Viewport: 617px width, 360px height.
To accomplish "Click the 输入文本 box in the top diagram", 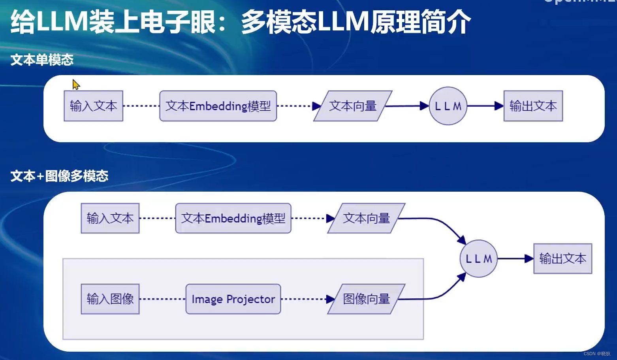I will pos(93,106).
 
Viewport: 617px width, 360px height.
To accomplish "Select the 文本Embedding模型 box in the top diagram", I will pos(218,106).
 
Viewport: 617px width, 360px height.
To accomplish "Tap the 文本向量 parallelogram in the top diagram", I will pos(353,106).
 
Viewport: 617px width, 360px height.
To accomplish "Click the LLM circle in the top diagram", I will pos(448,106).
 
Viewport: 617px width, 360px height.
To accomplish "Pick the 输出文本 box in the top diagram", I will pos(533,106).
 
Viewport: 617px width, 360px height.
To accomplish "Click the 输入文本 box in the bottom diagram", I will pos(110,218).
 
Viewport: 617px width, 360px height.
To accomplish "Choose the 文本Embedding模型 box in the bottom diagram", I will pos(233,218).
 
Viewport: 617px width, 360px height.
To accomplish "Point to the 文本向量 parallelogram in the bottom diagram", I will pos(366,218).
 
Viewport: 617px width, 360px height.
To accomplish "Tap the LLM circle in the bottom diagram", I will pos(479,259).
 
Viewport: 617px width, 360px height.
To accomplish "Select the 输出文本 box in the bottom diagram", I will pos(562,259).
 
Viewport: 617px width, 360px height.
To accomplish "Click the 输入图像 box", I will pos(110,299).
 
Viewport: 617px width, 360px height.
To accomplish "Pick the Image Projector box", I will pos(233,299).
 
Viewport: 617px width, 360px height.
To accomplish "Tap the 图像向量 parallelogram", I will pos(366,299).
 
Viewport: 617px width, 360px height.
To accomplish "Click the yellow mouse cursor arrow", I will pos(76,85).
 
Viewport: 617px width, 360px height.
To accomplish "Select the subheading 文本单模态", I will pos(42,60).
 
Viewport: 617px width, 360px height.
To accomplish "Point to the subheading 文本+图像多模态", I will pos(59,176).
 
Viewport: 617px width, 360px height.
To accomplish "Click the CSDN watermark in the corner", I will pos(597,354).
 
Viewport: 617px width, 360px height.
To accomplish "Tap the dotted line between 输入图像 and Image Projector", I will pos(162,299).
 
